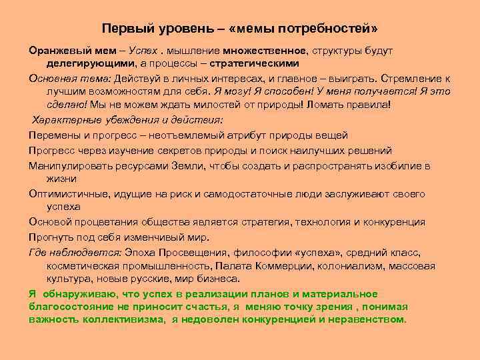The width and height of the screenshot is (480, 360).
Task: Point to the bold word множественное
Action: [265, 51]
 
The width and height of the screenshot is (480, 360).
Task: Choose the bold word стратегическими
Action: [254, 63]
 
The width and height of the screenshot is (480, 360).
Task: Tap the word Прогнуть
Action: [51, 237]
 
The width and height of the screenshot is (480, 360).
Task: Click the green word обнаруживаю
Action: [77, 294]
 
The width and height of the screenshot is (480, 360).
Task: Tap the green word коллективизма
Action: [119, 319]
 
